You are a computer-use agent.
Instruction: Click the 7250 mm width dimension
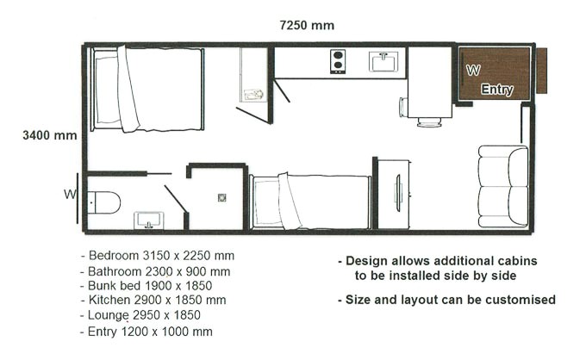(307, 26)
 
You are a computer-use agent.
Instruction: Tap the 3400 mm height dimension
(51, 135)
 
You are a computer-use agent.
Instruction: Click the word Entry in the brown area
(497, 90)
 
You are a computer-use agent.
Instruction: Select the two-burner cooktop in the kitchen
(338, 61)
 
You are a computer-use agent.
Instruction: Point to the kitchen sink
(382, 61)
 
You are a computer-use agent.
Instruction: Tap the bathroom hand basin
(149, 219)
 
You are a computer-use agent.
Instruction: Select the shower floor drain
(221, 196)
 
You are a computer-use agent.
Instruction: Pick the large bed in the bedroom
(147, 90)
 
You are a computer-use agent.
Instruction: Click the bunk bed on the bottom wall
(310, 202)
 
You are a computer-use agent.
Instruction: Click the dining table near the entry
(428, 99)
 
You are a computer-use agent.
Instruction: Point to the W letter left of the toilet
(70, 194)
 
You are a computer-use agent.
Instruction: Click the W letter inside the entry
(472, 70)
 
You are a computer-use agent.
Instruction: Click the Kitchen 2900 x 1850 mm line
(157, 300)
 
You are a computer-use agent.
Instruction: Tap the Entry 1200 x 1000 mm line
(148, 331)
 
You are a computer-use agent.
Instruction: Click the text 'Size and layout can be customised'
(446, 300)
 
